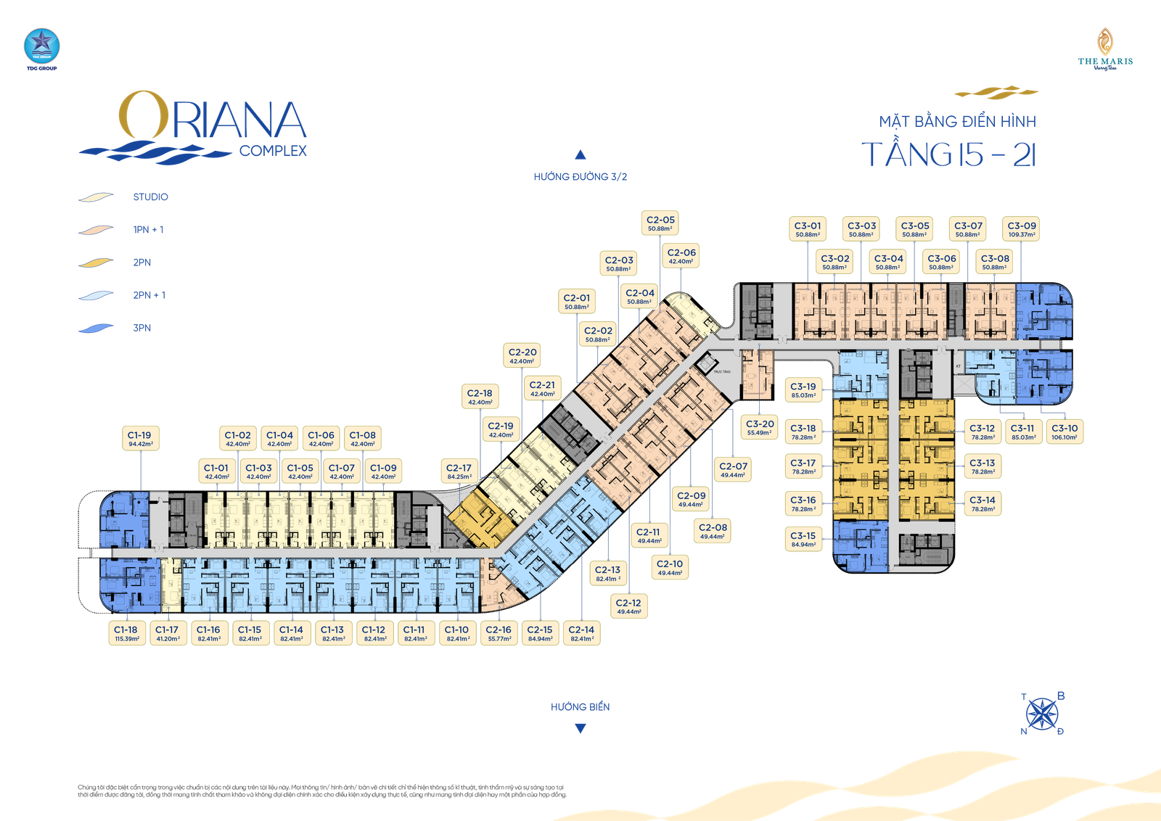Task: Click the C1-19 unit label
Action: pyautogui.click(x=139, y=439)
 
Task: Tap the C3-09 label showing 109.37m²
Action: pyautogui.click(x=1022, y=229)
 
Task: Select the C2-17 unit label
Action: pyautogui.click(x=459, y=471)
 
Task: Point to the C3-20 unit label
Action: pyautogui.click(x=760, y=427)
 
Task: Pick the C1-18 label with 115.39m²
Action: pyautogui.click(x=126, y=633)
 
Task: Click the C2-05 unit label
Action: pyautogui.click(x=660, y=223)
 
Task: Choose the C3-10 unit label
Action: pyautogui.click(x=1064, y=432)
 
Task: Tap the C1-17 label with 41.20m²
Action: pyautogui.click(x=167, y=633)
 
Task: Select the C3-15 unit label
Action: pyautogui.click(x=803, y=539)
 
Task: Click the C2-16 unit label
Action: pyautogui.click(x=499, y=633)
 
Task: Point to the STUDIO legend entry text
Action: pyautogui.click(x=151, y=197)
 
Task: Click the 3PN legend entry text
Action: pyautogui.click(x=142, y=329)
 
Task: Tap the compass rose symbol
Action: pyautogui.click(x=1043, y=714)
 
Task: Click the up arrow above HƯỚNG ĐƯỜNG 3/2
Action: pyautogui.click(x=580, y=154)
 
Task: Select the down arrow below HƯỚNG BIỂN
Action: pyautogui.click(x=580, y=730)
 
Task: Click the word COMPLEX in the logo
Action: pyautogui.click(x=273, y=151)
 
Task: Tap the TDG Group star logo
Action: pyautogui.click(x=41, y=46)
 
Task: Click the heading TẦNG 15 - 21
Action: pyautogui.click(x=949, y=154)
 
